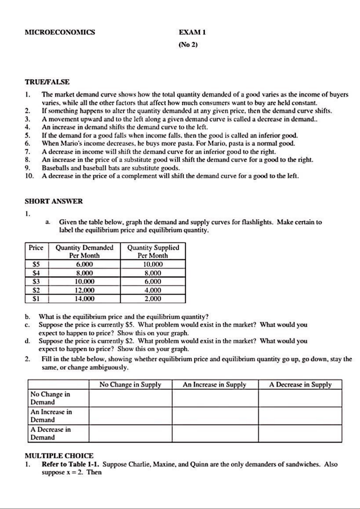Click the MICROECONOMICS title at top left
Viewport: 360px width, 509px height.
[x=60, y=32]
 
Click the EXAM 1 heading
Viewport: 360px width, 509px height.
[x=192, y=32]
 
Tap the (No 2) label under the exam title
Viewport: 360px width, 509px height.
[x=188, y=45]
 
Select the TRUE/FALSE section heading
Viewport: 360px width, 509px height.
[x=47, y=82]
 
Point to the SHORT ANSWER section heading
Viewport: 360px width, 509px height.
[x=54, y=201]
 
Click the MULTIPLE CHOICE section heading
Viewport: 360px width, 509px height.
[x=59, y=456]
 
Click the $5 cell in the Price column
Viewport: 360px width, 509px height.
[x=36, y=264]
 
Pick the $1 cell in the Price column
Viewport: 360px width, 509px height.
[x=36, y=299]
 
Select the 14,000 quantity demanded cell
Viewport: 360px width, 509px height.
[x=84, y=299]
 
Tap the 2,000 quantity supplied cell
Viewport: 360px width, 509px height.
[x=153, y=299]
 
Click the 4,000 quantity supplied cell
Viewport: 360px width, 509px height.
[x=153, y=290]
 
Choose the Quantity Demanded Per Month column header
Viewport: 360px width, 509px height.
[x=84, y=251]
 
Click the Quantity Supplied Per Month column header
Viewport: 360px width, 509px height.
[x=153, y=251]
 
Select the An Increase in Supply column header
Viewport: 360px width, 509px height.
[x=215, y=385]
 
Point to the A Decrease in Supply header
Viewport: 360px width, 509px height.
[x=300, y=385]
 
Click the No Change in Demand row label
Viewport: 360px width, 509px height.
[x=50, y=398]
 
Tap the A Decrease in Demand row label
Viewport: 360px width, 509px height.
[x=50, y=433]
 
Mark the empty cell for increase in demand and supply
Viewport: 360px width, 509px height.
[x=215, y=416]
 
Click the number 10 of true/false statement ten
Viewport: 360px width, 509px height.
[x=29, y=176]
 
